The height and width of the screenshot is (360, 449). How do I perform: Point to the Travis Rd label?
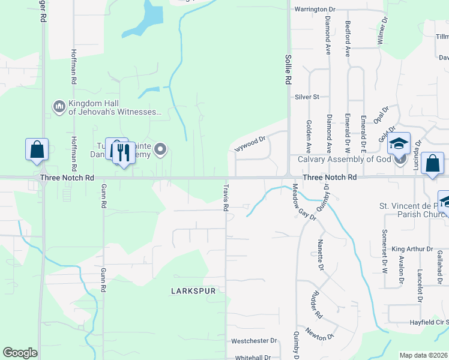[x=226, y=199]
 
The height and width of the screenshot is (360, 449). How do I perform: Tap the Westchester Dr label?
[x=254, y=341]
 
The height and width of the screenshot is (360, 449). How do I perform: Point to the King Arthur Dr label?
[x=412, y=248]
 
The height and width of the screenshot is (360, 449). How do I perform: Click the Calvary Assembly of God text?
[x=345, y=159]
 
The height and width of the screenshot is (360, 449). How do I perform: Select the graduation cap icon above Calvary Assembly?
[x=399, y=144]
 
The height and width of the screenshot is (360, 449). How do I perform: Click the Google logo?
[x=20, y=353]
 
